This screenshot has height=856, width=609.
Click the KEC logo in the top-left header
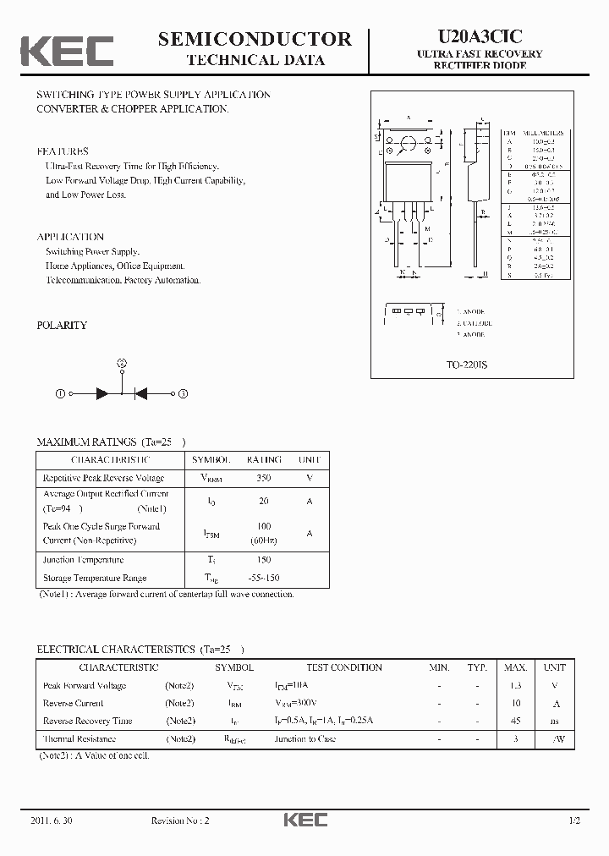(x=67, y=51)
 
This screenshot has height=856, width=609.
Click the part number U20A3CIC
(x=480, y=36)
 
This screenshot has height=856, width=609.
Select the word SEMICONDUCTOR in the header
(x=255, y=38)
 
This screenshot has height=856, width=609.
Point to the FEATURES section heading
(x=63, y=151)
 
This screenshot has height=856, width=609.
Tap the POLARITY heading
(x=62, y=326)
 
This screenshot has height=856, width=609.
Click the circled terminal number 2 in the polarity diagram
(x=122, y=364)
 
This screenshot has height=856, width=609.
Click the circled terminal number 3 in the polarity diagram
(x=184, y=393)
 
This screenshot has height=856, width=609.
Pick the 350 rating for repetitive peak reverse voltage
(x=264, y=478)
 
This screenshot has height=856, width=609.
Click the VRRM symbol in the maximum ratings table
(x=211, y=479)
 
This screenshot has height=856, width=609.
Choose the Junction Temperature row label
(x=83, y=560)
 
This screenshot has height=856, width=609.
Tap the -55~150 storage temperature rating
(x=264, y=579)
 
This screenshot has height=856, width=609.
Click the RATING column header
(x=264, y=459)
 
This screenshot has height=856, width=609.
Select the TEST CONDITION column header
(x=344, y=667)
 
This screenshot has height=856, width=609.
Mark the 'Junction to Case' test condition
(x=304, y=739)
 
